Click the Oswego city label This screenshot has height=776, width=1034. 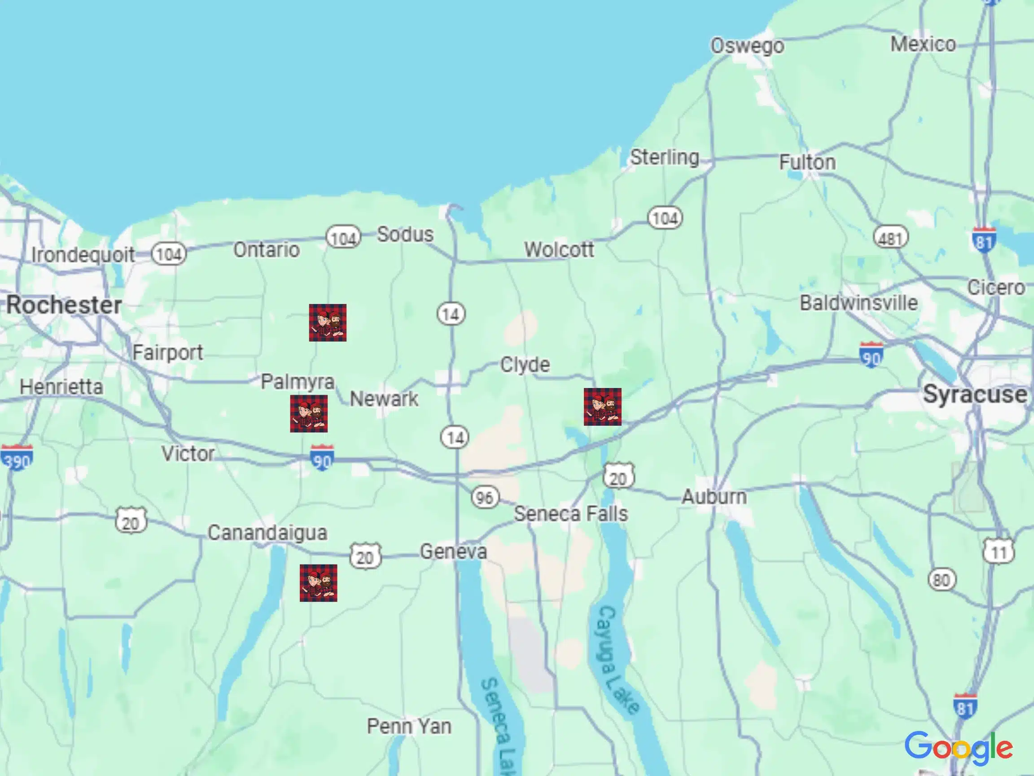(747, 46)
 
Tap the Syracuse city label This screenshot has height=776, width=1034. (975, 394)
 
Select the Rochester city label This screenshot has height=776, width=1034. (64, 305)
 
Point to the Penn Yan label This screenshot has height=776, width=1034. (409, 727)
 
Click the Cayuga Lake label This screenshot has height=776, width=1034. (618, 660)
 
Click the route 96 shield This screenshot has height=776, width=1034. (485, 497)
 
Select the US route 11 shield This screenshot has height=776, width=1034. (999, 552)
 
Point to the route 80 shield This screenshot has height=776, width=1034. (942, 580)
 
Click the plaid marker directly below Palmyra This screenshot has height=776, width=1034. (308, 414)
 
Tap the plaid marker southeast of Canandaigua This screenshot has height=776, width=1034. (318, 583)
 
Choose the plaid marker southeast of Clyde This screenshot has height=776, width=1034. (603, 406)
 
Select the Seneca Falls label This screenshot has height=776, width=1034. (571, 514)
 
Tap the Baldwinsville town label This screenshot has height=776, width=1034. (859, 303)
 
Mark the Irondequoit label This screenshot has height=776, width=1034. (83, 255)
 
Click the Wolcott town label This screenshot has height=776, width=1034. (559, 249)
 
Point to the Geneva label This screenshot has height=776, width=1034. (453, 551)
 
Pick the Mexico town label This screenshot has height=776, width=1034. (923, 44)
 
